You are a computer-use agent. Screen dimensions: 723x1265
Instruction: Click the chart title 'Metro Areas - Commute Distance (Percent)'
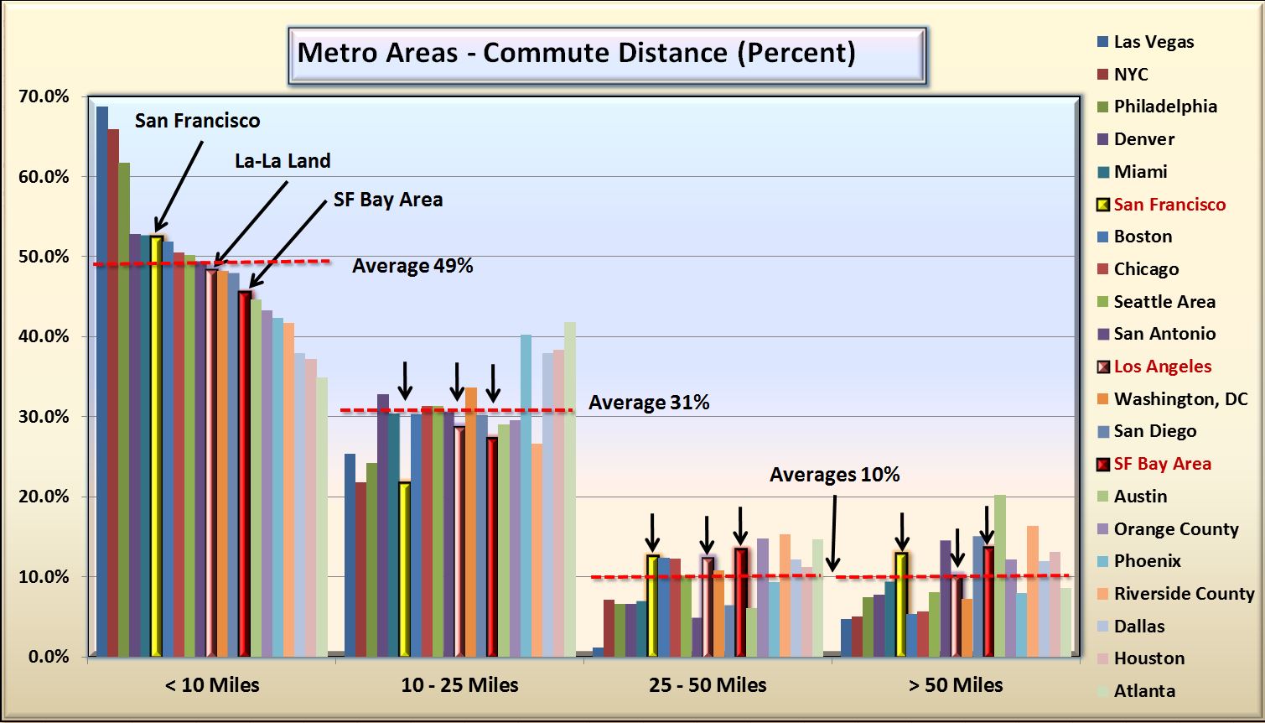[x=576, y=53]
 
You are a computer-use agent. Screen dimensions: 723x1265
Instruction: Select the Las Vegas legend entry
[x=1154, y=42]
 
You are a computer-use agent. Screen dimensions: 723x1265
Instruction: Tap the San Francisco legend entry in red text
[x=1169, y=205]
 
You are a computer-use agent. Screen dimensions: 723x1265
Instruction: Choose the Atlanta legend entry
[x=1144, y=691]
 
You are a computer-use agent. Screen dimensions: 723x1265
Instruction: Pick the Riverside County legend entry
[x=1184, y=594]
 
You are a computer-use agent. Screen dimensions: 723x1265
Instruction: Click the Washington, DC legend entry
[x=1180, y=399]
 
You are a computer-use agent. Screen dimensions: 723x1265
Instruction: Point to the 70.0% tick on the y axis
[x=44, y=96]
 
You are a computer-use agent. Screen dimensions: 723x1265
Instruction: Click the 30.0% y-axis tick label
[x=44, y=417]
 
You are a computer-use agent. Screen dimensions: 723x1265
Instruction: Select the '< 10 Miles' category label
[x=212, y=685]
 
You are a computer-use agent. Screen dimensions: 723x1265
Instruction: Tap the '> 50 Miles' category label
[x=956, y=685]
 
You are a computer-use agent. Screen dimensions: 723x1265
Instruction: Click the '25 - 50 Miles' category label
[x=708, y=685]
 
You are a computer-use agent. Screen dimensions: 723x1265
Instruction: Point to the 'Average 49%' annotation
[x=412, y=266]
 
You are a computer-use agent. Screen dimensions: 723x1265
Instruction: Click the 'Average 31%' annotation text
[x=649, y=403]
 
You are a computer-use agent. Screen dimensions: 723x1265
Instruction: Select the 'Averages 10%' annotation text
[x=834, y=475]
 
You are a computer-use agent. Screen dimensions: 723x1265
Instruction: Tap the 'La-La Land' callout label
[x=283, y=161]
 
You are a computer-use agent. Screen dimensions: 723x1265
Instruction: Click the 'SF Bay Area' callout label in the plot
[x=387, y=200]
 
